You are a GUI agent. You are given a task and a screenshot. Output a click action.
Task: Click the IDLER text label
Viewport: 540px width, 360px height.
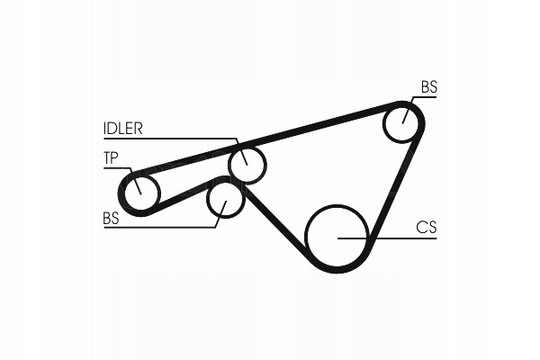coord(122,129)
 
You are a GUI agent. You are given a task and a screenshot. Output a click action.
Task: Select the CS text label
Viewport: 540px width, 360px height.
coord(426,228)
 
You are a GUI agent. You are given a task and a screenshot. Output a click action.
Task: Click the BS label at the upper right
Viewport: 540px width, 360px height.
coord(428,87)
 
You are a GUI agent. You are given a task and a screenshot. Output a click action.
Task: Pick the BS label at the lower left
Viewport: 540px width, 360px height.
coord(111,218)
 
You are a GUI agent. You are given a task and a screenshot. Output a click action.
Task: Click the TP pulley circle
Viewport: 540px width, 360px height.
coord(140,191)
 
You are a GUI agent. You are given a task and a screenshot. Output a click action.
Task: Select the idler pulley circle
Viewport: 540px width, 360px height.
coord(247,164)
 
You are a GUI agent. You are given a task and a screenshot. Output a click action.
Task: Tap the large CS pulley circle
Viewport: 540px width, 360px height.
coord(337,236)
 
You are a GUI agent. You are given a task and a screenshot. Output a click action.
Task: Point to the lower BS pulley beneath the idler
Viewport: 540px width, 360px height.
coord(225,199)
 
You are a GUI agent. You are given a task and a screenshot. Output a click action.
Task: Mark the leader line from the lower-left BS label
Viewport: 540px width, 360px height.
coord(162,227)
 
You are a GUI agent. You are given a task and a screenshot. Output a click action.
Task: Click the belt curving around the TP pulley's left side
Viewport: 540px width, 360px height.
coord(121,191)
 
